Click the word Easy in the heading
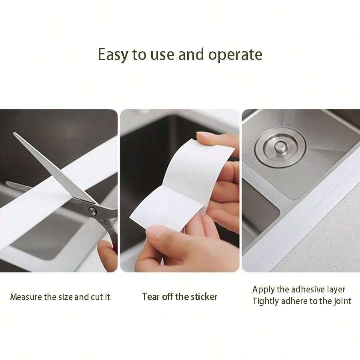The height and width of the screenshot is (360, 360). (x=114, y=54)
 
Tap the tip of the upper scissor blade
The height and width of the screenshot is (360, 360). (x=15, y=134)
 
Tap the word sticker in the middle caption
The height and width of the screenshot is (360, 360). (x=204, y=297)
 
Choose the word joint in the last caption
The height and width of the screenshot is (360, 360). (x=342, y=301)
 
